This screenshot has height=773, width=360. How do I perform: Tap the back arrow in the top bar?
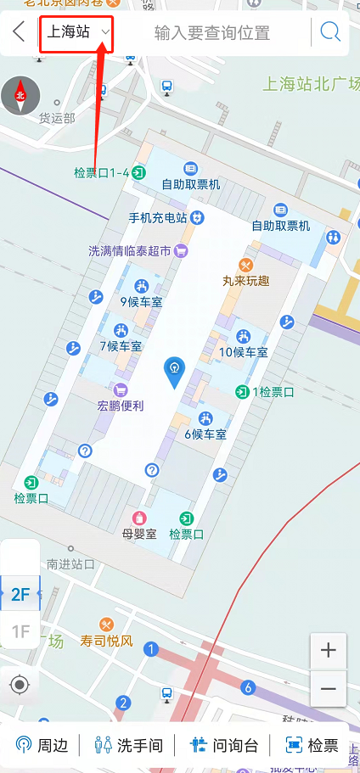[x=19, y=33]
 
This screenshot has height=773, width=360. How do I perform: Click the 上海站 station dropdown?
[x=76, y=33]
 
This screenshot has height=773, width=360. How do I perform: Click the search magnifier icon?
[x=329, y=33]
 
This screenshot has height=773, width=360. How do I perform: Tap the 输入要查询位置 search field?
[x=212, y=33]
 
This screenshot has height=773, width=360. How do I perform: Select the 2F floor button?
[x=20, y=595]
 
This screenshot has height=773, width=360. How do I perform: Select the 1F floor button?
[x=20, y=631]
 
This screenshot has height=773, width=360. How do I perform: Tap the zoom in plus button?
[x=329, y=651]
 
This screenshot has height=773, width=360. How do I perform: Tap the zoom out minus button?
[x=329, y=688]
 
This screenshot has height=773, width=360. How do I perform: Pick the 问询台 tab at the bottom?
[x=223, y=746]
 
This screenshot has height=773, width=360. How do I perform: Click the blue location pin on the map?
[x=174, y=372]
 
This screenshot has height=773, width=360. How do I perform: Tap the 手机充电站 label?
[x=158, y=218]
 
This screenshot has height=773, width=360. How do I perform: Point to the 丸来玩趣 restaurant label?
[x=247, y=281]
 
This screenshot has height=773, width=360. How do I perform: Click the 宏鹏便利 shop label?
[x=121, y=406]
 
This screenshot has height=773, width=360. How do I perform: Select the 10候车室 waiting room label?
[x=243, y=352]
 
